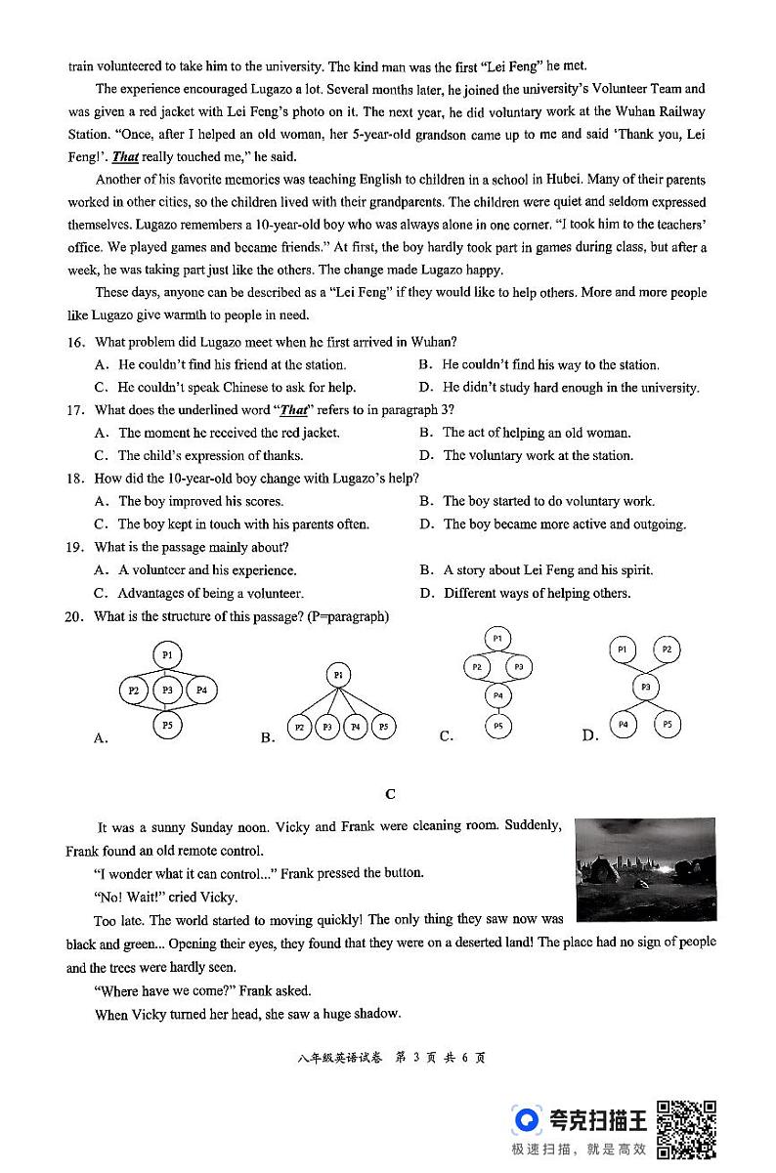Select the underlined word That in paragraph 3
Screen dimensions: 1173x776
click(x=125, y=156)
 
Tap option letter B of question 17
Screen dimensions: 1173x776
click(x=426, y=433)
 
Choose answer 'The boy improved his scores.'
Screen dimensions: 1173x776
click(x=187, y=501)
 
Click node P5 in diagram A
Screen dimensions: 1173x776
click(x=168, y=726)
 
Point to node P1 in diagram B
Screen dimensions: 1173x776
click(x=338, y=675)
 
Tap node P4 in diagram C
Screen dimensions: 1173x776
click(x=497, y=695)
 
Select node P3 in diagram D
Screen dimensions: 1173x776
click(x=645, y=688)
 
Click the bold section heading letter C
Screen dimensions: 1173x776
click(x=390, y=794)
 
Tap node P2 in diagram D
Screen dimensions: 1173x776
click(x=667, y=649)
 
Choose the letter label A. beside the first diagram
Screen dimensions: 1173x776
click(x=101, y=738)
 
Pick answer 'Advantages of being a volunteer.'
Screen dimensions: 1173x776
click(x=211, y=593)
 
